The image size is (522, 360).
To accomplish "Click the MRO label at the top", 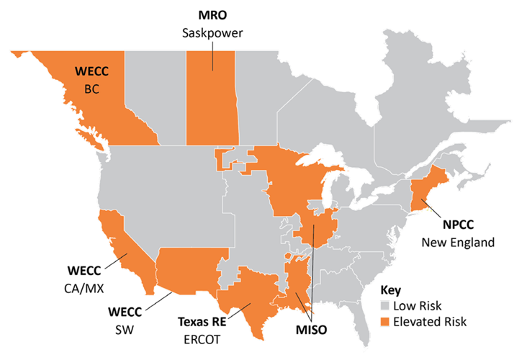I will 212,14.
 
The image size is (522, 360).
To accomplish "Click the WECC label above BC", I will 94,71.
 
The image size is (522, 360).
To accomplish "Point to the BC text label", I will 94,89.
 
